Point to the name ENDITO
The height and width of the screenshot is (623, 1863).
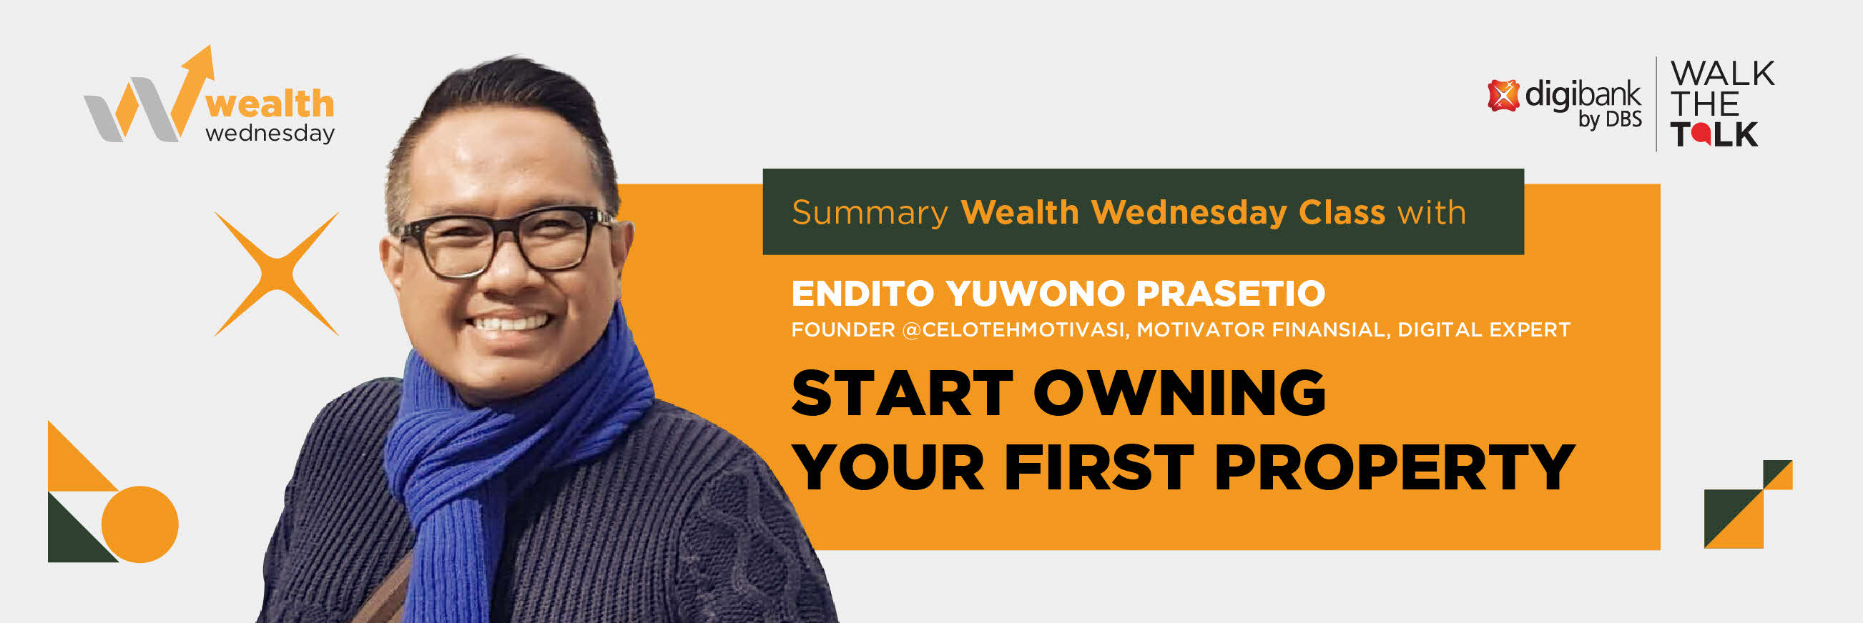[863, 294]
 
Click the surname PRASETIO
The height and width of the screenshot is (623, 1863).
[1230, 294]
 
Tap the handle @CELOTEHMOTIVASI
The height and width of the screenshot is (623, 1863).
[1014, 330]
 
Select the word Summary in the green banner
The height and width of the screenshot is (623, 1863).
[870, 213]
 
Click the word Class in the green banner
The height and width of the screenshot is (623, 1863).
[1342, 212]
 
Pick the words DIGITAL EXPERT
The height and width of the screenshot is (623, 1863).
[1483, 330]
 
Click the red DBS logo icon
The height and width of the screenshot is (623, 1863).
[1503, 96]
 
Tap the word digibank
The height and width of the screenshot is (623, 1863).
[1583, 95]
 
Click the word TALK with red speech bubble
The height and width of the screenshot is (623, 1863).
[1714, 134]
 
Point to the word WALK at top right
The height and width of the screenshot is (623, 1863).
[1723, 74]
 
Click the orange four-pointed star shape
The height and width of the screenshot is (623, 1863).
[277, 274]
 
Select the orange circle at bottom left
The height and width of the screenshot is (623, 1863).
[139, 524]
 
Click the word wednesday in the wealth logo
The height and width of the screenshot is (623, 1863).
[270, 133]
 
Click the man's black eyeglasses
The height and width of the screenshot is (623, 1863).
[502, 242]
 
